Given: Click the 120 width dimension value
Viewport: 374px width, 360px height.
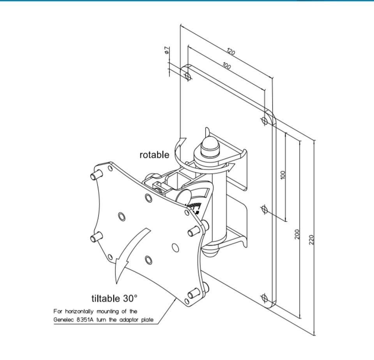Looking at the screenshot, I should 231,52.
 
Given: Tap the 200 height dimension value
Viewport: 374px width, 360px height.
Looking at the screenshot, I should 297,234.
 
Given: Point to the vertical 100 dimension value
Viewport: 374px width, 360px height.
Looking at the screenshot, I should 283,175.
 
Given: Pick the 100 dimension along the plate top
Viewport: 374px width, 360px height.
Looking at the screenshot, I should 226,66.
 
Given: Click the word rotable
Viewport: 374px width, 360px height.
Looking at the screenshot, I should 154,155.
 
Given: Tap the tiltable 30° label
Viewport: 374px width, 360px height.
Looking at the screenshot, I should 115,298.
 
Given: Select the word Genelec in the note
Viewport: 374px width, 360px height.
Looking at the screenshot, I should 64,320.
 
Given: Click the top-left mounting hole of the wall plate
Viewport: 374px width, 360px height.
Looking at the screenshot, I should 188,76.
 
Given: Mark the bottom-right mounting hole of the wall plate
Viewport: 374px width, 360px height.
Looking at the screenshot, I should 265,299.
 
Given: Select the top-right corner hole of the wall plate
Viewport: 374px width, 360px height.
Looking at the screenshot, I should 265,120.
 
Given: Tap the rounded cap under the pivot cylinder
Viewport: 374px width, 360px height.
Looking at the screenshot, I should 210,250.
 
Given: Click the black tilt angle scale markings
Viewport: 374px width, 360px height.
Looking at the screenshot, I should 195,207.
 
